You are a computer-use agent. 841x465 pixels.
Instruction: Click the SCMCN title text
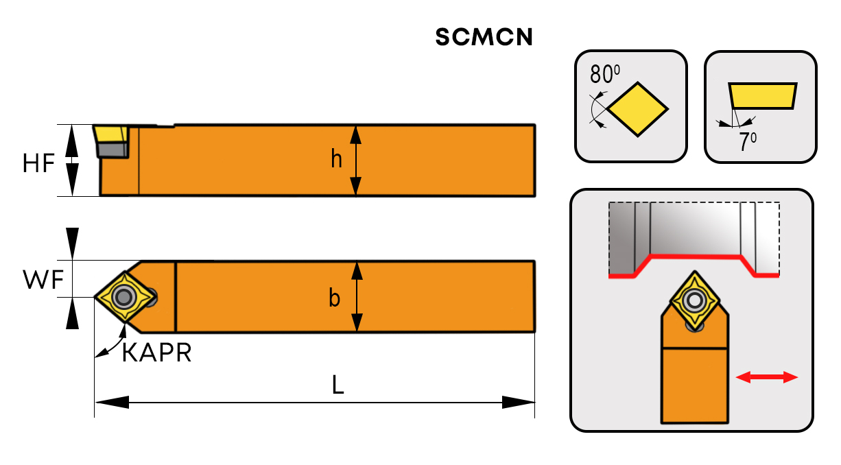pyautogui.click(x=484, y=38)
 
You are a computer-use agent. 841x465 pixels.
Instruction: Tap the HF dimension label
pyautogui.click(x=38, y=163)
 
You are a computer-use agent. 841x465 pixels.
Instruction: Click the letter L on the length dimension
pyautogui.click(x=337, y=385)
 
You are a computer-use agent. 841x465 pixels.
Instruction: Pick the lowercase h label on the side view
pyautogui.click(x=336, y=160)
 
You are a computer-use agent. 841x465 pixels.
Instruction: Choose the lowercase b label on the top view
pyautogui.click(x=335, y=299)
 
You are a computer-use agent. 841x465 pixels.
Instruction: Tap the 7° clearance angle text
pyautogui.click(x=747, y=142)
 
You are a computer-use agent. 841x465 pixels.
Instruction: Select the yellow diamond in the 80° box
pyautogui.click(x=637, y=108)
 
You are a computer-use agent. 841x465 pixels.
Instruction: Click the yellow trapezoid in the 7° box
pyautogui.click(x=763, y=96)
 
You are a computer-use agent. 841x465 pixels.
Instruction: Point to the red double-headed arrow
pyautogui.click(x=766, y=377)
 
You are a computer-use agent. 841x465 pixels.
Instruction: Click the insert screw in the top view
pyautogui.click(x=124, y=297)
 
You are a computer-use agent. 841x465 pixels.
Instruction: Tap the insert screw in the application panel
pyautogui.click(x=695, y=300)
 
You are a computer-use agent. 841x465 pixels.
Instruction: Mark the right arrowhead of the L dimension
pyautogui.click(x=518, y=402)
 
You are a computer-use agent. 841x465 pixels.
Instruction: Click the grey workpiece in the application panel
pyautogui.click(x=693, y=230)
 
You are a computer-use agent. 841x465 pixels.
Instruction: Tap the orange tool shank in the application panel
pyautogui.click(x=694, y=384)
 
